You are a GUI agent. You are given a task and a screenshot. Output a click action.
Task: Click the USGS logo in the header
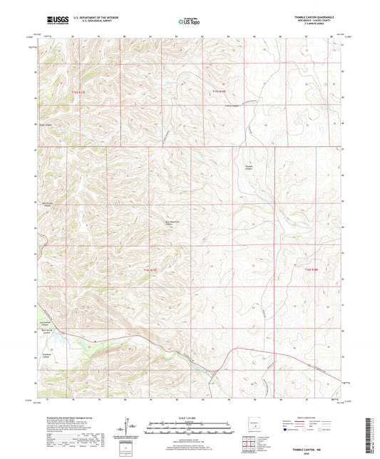click(x=54, y=22)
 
